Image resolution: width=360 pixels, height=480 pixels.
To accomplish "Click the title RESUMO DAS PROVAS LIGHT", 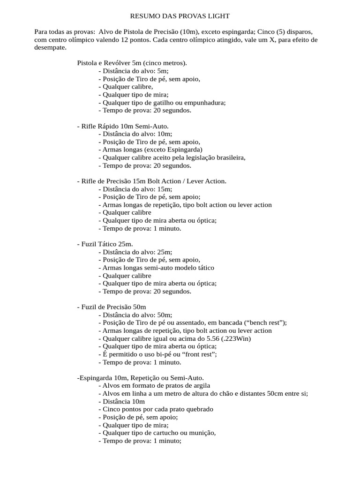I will point(180,16).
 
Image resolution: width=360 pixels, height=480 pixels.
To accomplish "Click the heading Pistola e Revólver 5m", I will point(132,63).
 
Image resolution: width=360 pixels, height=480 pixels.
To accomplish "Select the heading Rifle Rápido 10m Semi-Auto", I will point(122,127).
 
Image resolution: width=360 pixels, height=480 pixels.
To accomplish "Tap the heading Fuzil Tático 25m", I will point(105,244).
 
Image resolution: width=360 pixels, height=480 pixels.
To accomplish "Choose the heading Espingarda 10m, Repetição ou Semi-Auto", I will point(140,378).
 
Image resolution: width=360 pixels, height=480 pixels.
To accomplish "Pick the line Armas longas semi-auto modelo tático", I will point(156,268).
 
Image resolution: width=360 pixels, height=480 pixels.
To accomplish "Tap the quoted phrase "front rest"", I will point(200,354).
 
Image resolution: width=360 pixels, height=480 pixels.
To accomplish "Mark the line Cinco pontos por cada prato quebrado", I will point(156,409).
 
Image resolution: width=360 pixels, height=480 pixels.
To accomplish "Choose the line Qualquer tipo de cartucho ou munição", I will point(157,433).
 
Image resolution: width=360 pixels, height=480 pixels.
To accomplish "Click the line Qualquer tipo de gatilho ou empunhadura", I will point(162,103).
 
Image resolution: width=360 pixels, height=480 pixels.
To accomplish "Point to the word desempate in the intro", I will point(51,48).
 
